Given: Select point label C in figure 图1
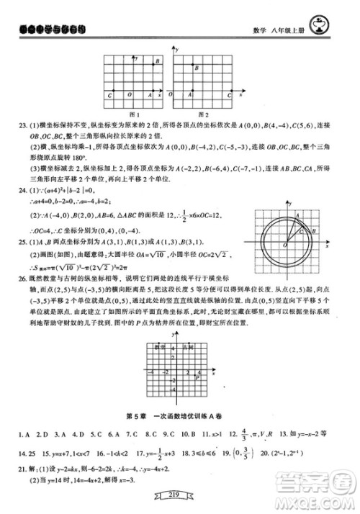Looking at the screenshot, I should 109,94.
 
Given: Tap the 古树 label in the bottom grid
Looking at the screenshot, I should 185,348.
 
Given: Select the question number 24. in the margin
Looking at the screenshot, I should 21,190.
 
